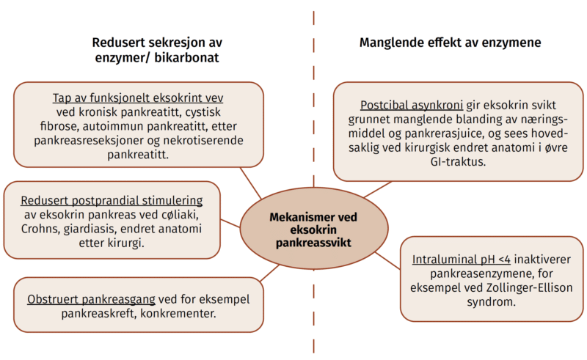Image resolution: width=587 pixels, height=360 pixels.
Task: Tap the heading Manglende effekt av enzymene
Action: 450,43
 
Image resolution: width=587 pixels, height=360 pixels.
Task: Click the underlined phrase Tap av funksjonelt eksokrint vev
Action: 138,98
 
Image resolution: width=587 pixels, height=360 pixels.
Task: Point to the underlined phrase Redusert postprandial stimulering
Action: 112,200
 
